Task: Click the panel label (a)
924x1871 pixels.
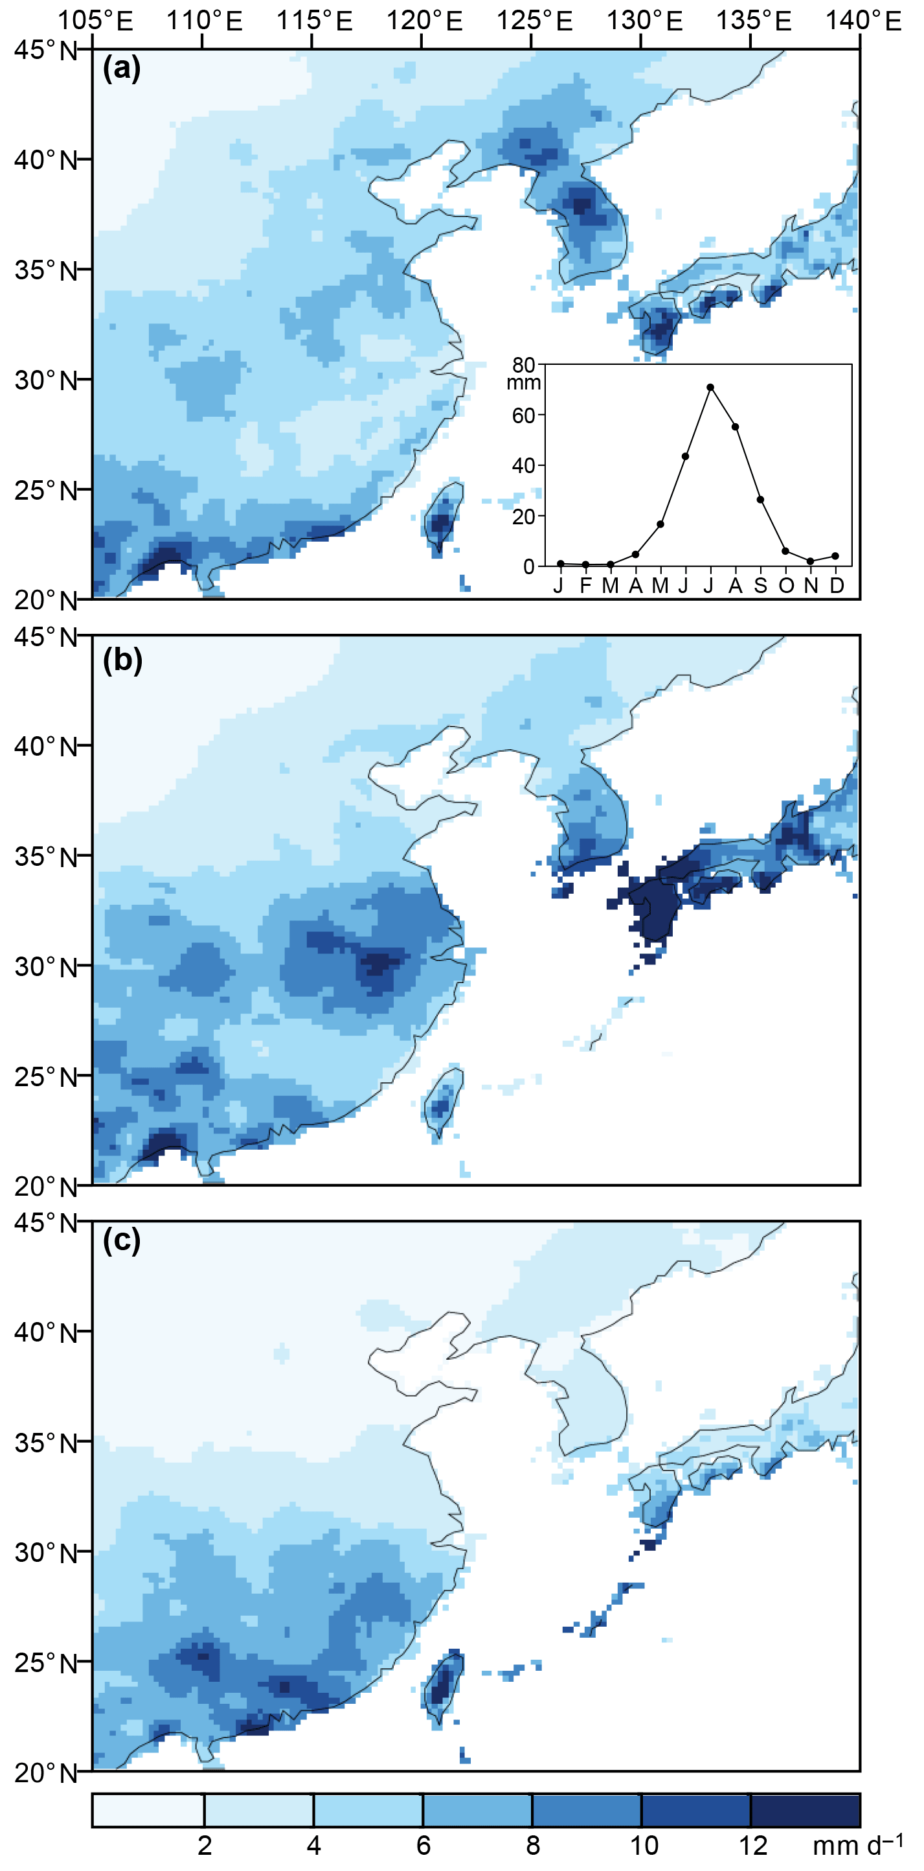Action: point(121,68)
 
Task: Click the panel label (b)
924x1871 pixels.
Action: point(122,660)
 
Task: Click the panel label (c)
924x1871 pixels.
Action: point(121,1240)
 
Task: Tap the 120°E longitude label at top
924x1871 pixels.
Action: point(424,20)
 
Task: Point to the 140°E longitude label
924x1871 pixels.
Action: point(863,20)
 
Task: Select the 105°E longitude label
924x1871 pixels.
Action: point(95,20)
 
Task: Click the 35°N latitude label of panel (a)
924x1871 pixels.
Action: point(46,270)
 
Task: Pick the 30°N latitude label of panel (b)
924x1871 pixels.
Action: point(46,968)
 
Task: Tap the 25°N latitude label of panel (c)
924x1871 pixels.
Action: point(46,1663)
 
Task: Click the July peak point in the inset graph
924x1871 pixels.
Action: point(710,387)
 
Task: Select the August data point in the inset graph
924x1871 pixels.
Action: point(736,427)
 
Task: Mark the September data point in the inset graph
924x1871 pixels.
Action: point(761,500)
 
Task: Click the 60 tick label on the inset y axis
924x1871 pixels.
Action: point(523,415)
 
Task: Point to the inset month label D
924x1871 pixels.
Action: point(837,585)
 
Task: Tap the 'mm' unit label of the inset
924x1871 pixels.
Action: point(523,383)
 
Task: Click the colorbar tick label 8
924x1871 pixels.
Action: point(533,1846)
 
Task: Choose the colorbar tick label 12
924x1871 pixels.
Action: point(752,1846)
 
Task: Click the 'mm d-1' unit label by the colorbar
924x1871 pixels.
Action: point(857,1844)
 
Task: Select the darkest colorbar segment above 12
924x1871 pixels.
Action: point(805,1810)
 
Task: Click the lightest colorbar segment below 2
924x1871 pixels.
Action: point(148,1810)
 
